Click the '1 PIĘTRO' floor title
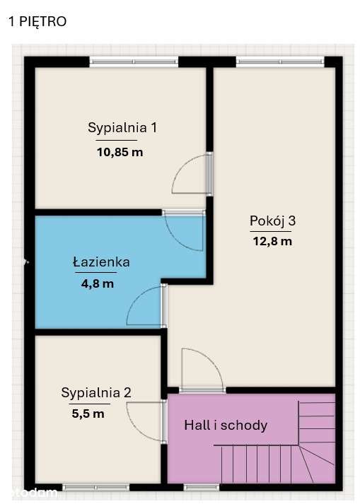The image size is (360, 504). (37, 22)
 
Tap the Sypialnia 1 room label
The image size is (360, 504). (122, 128)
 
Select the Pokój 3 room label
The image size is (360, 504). (272, 221)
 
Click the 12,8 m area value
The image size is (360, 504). (272, 241)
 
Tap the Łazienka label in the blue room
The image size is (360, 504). (101, 262)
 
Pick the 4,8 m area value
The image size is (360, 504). (98, 283)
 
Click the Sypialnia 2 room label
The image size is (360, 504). (96, 392)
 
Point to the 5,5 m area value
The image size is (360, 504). (88, 414)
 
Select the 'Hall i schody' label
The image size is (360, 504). (226, 425)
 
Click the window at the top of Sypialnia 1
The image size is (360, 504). (134, 61)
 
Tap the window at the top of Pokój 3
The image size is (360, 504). (280, 61)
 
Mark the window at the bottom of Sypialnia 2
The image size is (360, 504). (96, 487)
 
